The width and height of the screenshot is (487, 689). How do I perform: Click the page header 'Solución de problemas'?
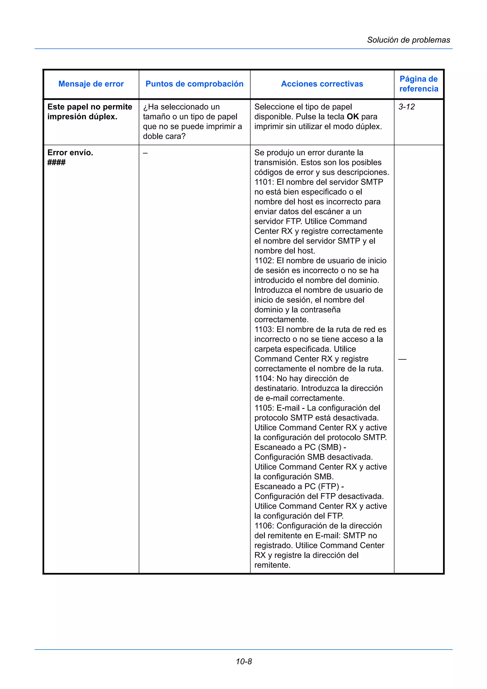(408, 40)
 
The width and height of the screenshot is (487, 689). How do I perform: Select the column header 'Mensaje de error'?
(91, 84)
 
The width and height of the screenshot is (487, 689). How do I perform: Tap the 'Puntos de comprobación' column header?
(195, 84)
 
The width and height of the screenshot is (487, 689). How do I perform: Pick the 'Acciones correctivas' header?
(322, 84)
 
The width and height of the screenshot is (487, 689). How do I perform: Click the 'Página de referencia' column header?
(419, 84)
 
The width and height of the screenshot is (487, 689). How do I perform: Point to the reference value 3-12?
(407, 107)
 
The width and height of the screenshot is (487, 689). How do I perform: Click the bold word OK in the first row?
(353, 117)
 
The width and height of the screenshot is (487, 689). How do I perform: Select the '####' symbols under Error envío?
(56, 163)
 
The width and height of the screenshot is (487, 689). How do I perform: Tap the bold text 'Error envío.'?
(70, 153)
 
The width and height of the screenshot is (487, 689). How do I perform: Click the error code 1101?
(264, 182)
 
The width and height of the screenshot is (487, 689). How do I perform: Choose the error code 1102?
(264, 261)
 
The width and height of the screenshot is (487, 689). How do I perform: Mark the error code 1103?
(264, 330)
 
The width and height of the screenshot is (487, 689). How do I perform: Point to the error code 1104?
(264, 379)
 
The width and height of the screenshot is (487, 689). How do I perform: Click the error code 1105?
(264, 408)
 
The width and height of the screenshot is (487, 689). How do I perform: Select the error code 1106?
(264, 526)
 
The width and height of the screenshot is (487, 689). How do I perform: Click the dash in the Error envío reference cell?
(402, 359)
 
